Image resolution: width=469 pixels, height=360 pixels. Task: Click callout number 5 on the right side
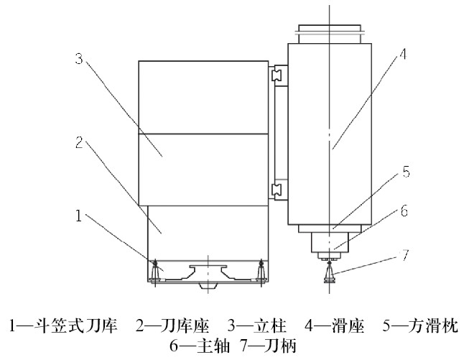(x=406, y=172)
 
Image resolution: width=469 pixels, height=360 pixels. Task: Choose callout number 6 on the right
(x=405, y=212)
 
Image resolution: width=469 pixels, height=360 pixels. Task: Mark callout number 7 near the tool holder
(x=406, y=255)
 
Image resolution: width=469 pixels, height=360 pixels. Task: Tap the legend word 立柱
(x=267, y=325)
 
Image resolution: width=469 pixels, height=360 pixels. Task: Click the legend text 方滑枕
(x=424, y=325)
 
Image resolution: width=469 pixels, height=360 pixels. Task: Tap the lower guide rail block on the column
(x=277, y=190)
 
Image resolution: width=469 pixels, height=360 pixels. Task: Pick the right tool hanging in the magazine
(x=261, y=270)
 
